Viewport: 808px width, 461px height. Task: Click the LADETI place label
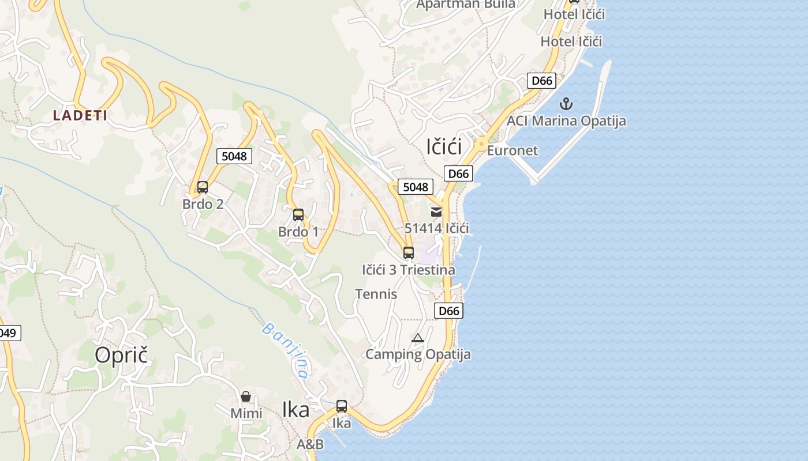tap(80, 115)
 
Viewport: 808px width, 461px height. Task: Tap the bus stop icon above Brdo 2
tap(203, 187)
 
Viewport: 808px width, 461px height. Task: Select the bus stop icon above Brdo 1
tap(298, 216)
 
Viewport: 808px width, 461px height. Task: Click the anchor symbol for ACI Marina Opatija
tap(566, 104)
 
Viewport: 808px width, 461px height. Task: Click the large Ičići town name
tap(444, 147)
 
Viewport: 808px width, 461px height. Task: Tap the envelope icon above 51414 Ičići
tap(436, 212)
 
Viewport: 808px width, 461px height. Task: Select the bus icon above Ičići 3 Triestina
tap(409, 253)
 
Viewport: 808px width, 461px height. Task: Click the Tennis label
tap(376, 294)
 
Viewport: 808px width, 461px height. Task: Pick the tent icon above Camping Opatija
tap(418, 338)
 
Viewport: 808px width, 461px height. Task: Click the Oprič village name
tap(121, 355)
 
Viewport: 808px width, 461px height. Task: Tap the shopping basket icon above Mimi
tap(246, 397)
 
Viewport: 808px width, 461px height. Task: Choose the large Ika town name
tap(295, 410)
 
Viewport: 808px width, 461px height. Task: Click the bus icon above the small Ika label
tap(342, 406)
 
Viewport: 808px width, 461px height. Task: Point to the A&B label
tap(310, 444)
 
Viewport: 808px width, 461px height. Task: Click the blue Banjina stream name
tap(285, 350)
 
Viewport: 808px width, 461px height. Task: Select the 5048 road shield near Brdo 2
tap(234, 156)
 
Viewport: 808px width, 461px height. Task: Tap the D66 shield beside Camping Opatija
tap(448, 311)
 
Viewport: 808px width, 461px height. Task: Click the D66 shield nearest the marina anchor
tap(541, 81)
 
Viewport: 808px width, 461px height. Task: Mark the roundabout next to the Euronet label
tap(481, 144)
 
